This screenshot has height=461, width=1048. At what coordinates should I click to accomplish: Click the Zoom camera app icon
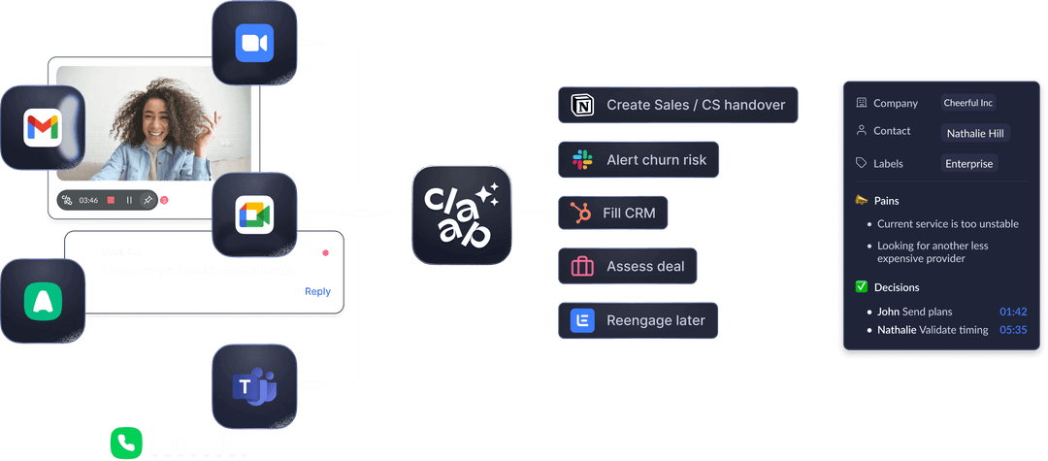pyautogui.click(x=253, y=44)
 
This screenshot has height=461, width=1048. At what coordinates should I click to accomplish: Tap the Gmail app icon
pyautogui.click(x=43, y=128)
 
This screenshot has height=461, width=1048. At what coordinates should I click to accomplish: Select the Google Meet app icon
pyautogui.click(x=253, y=214)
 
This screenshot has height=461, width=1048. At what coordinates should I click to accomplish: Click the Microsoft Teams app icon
pyautogui.click(x=253, y=386)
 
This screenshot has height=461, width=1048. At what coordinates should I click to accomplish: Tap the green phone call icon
pyautogui.click(x=126, y=444)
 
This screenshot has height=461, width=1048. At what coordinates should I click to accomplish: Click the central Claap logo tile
pyautogui.click(x=461, y=214)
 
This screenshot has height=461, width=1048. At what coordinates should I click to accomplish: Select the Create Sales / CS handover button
pyautogui.click(x=677, y=105)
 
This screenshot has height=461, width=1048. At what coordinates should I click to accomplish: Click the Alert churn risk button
pyautogui.click(x=639, y=159)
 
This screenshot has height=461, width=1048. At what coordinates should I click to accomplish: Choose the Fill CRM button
pyautogui.click(x=612, y=213)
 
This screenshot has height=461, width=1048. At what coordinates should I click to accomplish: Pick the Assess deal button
pyautogui.click(x=628, y=266)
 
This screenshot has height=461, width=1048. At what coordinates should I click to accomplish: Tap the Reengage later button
pyautogui.click(x=638, y=320)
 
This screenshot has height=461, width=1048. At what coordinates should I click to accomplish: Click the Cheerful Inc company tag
pyautogui.click(x=968, y=103)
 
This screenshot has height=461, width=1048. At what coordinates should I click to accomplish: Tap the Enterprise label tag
pyautogui.click(x=969, y=164)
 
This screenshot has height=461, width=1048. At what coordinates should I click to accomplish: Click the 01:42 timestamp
pyautogui.click(x=1012, y=312)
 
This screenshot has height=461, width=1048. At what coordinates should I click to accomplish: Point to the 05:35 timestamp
pyautogui.click(x=1012, y=330)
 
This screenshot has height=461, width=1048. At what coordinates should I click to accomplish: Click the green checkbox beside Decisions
pyautogui.click(x=861, y=287)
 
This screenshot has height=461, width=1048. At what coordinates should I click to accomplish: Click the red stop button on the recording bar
pyautogui.click(x=111, y=200)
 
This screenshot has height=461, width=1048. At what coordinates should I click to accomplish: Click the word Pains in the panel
pyautogui.click(x=887, y=201)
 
